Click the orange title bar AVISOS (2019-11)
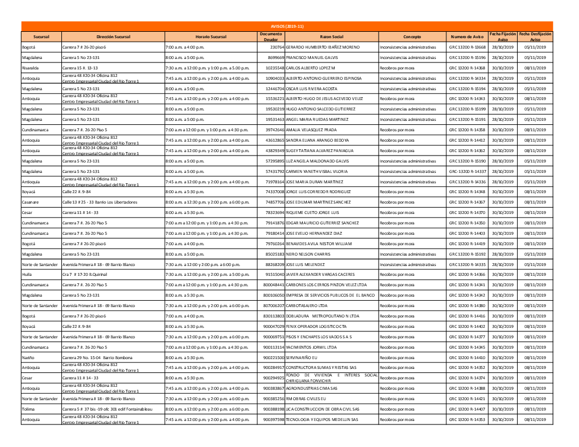287,26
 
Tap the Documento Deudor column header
271,36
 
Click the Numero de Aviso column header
467,36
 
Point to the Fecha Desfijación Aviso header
536,36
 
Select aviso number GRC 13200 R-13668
467,47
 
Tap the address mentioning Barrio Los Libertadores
100,202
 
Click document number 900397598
273,419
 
